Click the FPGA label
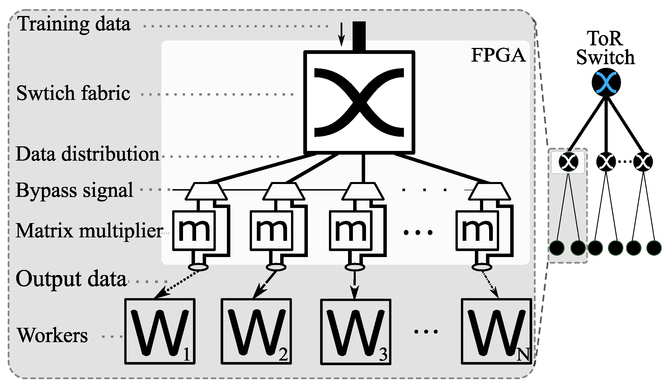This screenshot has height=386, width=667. click(498, 55)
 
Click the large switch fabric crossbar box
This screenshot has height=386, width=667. click(359, 102)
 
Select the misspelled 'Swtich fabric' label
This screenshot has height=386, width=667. click(73, 93)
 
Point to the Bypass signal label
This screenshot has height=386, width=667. click(74, 190)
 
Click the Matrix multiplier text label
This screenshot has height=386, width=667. click(89, 231)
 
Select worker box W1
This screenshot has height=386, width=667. click(160, 331)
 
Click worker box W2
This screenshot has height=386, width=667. click(256, 331)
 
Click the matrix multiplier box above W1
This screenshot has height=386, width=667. click(194, 231)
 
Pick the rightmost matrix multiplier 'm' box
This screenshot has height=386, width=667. click(477, 231)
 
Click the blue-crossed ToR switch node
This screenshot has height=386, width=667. click(606, 82)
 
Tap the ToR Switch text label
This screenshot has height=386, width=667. click(605, 48)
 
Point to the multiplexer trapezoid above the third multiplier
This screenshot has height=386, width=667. click(363, 191)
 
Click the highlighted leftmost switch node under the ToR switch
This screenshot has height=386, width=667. click(568, 162)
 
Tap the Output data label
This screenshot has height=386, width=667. click(71, 279)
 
